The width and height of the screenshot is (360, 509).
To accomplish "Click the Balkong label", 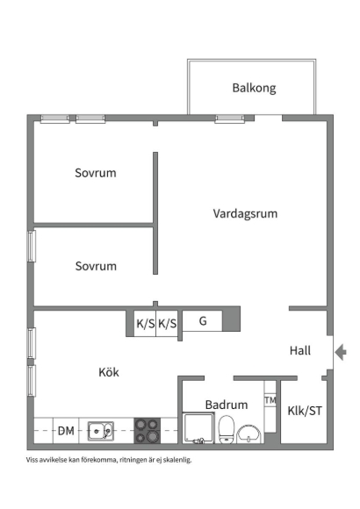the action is coord(254,88).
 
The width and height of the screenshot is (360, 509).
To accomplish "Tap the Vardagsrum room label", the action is coord(245,213).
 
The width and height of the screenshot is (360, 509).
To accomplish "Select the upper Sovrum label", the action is coord(96,173).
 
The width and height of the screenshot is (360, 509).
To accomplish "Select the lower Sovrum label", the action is coord(96,266).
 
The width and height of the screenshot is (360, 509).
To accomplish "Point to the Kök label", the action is coord(109,372).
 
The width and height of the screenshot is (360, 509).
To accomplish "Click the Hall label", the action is coord(300,350).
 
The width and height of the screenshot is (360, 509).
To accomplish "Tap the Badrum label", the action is coord(227,405).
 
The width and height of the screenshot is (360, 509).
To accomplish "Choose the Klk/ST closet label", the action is coord(305,411).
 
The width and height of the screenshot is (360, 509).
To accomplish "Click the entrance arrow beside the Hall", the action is coord(341,352).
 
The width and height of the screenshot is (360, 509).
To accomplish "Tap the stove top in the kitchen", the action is coord(148,430).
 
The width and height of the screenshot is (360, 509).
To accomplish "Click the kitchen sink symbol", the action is coord(101,431).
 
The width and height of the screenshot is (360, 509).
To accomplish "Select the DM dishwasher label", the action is coord(66,431).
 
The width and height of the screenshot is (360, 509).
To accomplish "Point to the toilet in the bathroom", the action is coord(227,430).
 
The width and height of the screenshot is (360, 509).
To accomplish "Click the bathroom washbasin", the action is coord(249,435).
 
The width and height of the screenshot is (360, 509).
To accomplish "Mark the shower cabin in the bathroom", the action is coord(198,428).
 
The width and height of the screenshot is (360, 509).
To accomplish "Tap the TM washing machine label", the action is coord(270,400).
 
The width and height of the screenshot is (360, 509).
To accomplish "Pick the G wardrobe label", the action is coord(203,321).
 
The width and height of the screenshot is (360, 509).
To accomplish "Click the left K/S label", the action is coord(146,324).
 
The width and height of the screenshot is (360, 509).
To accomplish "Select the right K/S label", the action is coord(168,324).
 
